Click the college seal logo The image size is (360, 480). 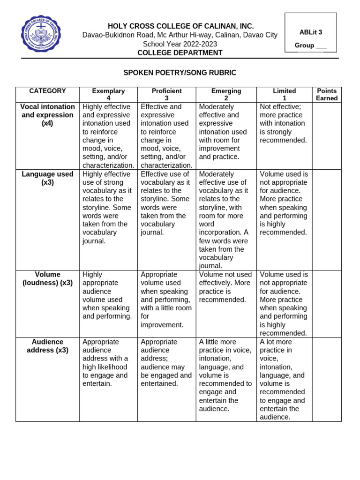41,35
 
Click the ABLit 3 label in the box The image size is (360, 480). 311,32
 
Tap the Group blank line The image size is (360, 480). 321,46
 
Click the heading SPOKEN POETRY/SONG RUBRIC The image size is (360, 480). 180,73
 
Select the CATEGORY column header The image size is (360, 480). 47,91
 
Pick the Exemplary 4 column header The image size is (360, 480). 108,95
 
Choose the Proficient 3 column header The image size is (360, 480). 166,95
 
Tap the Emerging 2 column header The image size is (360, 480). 226,95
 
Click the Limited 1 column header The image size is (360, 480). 284,95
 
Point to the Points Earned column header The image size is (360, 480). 327,95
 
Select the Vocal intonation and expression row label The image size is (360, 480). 47,115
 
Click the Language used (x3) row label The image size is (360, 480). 47,178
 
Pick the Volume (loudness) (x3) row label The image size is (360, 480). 47,278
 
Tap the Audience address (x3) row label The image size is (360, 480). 47,346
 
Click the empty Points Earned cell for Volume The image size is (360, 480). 327,304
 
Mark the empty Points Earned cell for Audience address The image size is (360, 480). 327,379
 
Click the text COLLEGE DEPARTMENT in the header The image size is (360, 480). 180,53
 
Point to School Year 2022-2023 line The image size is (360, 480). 180,44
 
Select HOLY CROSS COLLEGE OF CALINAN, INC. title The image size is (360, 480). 180,26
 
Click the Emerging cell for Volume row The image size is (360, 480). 226,287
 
